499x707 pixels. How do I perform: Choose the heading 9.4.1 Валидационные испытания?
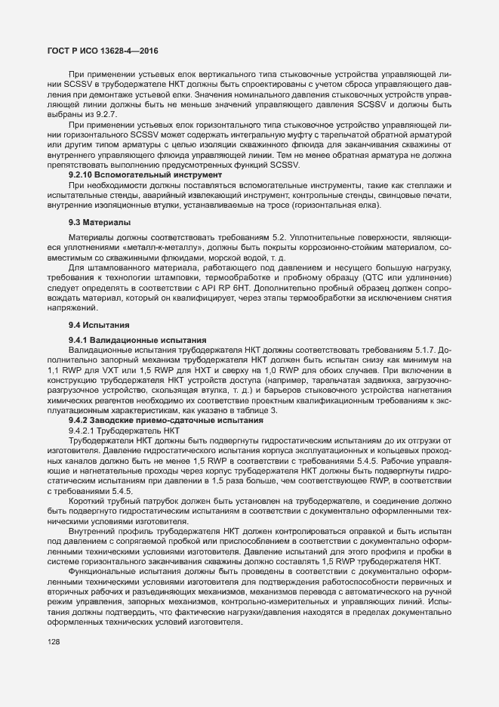tap(127, 340)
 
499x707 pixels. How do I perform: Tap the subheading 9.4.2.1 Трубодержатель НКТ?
tap(122, 429)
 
